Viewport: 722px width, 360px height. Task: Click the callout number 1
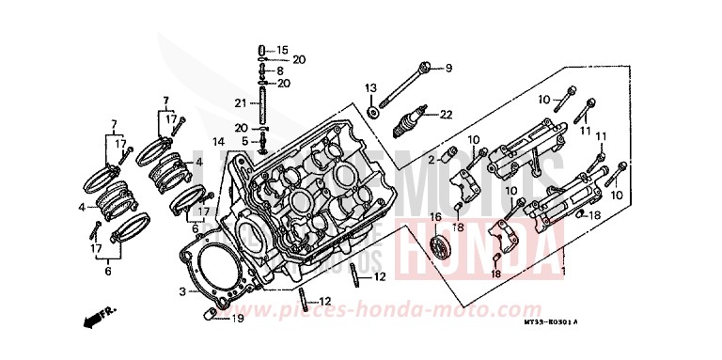(x=563, y=272)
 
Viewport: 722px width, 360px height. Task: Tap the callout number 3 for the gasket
(x=183, y=292)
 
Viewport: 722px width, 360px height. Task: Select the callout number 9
(x=448, y=68)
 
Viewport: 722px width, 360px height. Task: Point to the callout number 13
(x=369, y=87)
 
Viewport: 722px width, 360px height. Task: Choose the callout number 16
(x=435, y=217)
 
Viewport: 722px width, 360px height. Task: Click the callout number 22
(x=446, y=116)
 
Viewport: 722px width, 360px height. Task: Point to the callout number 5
(x=243, y=141)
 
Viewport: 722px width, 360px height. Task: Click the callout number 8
(x=280, y=70)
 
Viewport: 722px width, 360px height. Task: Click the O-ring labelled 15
(x=263, y=49)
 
